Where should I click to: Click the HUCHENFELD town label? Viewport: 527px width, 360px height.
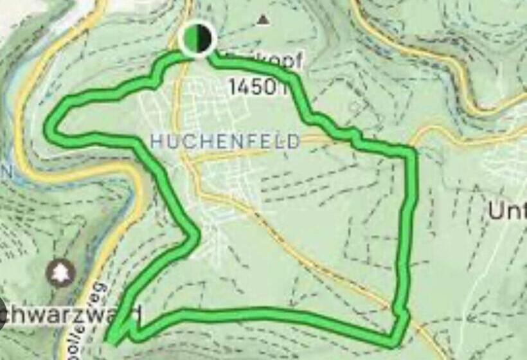tap(225, 141)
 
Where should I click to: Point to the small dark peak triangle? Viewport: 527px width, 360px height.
tap(262, 21)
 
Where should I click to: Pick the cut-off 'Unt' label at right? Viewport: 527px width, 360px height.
tap(507, 210)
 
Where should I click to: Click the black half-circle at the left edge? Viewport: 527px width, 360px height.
tap(3, 314)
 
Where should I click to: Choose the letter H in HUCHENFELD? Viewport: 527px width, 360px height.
tap(156, 141)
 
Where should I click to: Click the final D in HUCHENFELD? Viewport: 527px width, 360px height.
tap(294, 141)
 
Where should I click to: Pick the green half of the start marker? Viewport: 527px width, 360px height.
tap(191, 39)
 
